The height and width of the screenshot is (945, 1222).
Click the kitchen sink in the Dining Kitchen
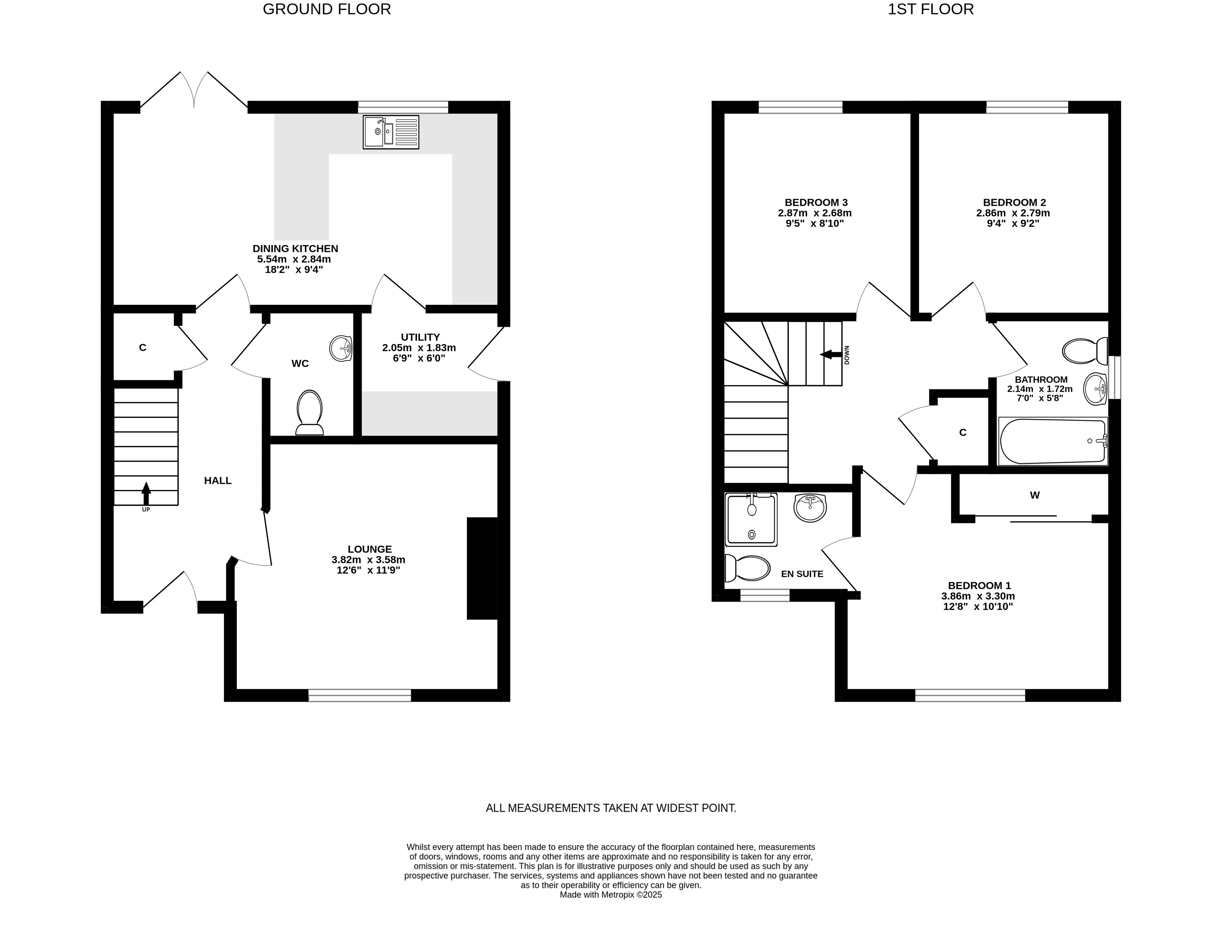[x=391, y=132]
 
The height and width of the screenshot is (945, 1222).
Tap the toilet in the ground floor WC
[x=309, y=412]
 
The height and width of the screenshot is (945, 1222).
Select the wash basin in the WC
[x=341, y=348]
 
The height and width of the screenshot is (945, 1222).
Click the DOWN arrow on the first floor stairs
[x=831, y=354]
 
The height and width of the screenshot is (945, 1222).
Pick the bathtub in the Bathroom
[x=1052, y=441]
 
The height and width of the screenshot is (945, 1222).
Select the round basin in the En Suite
[x=810, y=508]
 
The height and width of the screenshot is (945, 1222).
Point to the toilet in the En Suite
[x=747, y=569]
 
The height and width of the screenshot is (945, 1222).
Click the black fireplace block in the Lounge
[x=482, y=568]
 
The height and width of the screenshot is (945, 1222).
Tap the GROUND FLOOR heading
[x=327, y=9]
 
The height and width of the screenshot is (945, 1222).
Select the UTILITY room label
[x=420, y=337]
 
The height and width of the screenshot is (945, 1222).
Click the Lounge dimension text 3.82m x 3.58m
[x=368, y=560]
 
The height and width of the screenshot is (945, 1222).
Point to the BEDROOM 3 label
[x=816, y=202]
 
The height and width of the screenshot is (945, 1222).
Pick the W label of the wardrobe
[x=1035, y=495]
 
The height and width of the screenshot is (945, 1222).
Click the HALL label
[x=218, y=480]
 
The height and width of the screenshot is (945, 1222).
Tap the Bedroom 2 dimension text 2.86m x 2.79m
[x=1013, y=213]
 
